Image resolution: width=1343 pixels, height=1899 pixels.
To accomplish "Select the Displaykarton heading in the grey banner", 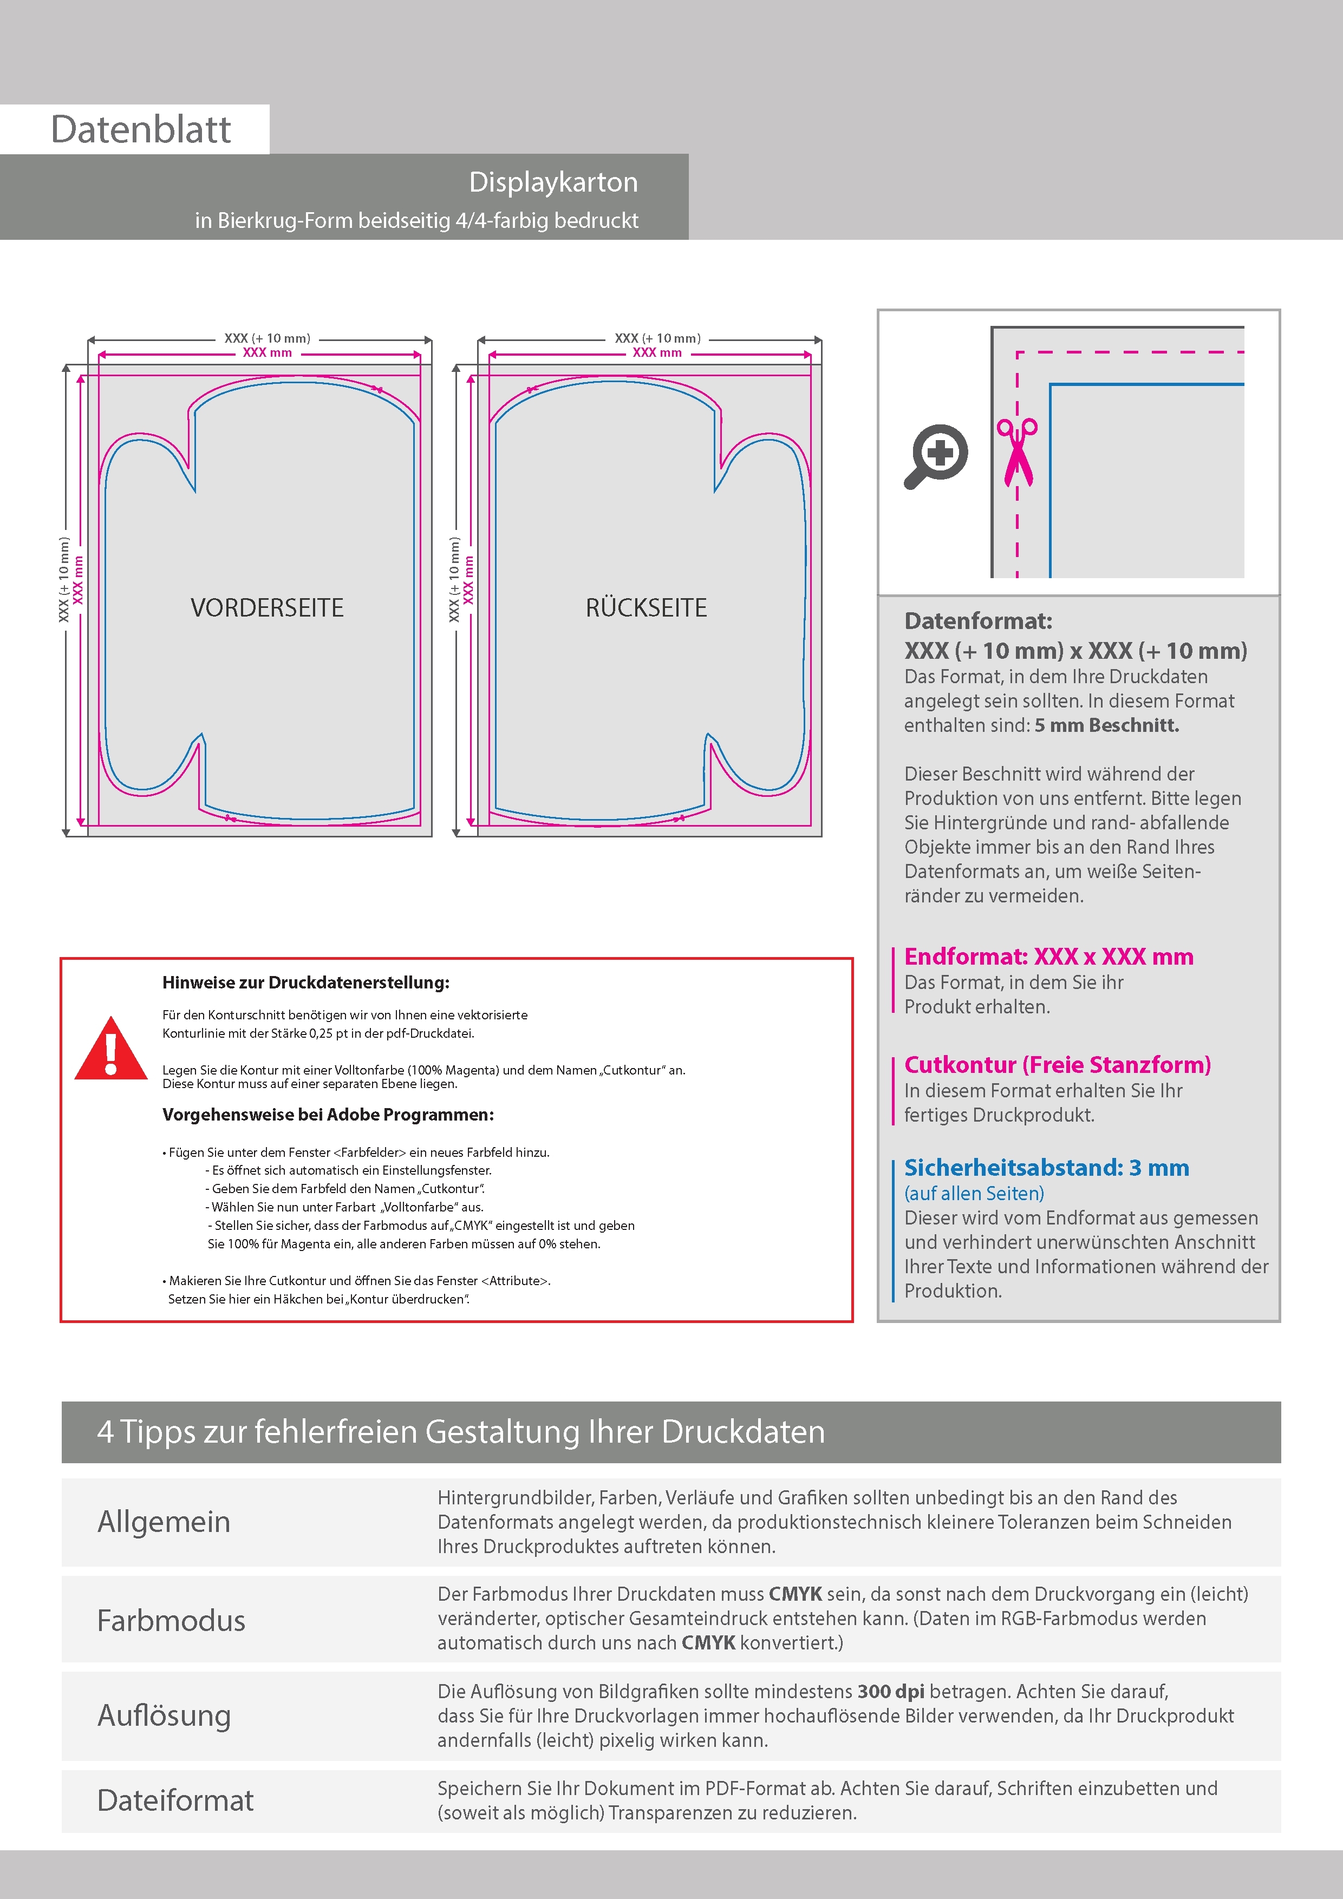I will (553, 182).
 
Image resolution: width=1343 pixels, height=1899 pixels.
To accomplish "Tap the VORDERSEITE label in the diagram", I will (266, 608).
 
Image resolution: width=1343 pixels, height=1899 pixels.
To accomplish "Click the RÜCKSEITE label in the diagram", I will (646, 608).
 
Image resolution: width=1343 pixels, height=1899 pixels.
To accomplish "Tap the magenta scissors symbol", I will (1017, 451).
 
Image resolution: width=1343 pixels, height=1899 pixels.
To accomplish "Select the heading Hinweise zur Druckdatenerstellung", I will (305, 983).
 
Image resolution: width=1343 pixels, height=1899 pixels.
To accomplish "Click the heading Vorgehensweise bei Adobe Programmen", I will (328, 1114).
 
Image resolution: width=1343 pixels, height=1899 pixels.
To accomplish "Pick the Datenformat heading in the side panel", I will (978, 621).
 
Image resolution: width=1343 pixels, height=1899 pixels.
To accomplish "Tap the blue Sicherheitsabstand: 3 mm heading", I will (1046, 1168).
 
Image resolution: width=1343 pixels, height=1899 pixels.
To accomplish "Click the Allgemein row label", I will (164, 1522).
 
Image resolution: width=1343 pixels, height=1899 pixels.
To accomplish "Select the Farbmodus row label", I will (171, 1620).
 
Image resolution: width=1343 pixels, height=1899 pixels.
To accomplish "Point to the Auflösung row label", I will (164, 1715).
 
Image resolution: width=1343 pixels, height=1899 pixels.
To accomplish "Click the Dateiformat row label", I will (175, 1800).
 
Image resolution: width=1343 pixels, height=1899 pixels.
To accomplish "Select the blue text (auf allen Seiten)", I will (974, 1194).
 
